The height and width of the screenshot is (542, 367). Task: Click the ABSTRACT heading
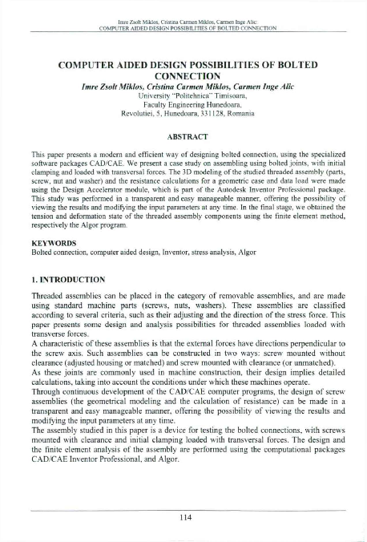pyautogui.click(x=183, y=137)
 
